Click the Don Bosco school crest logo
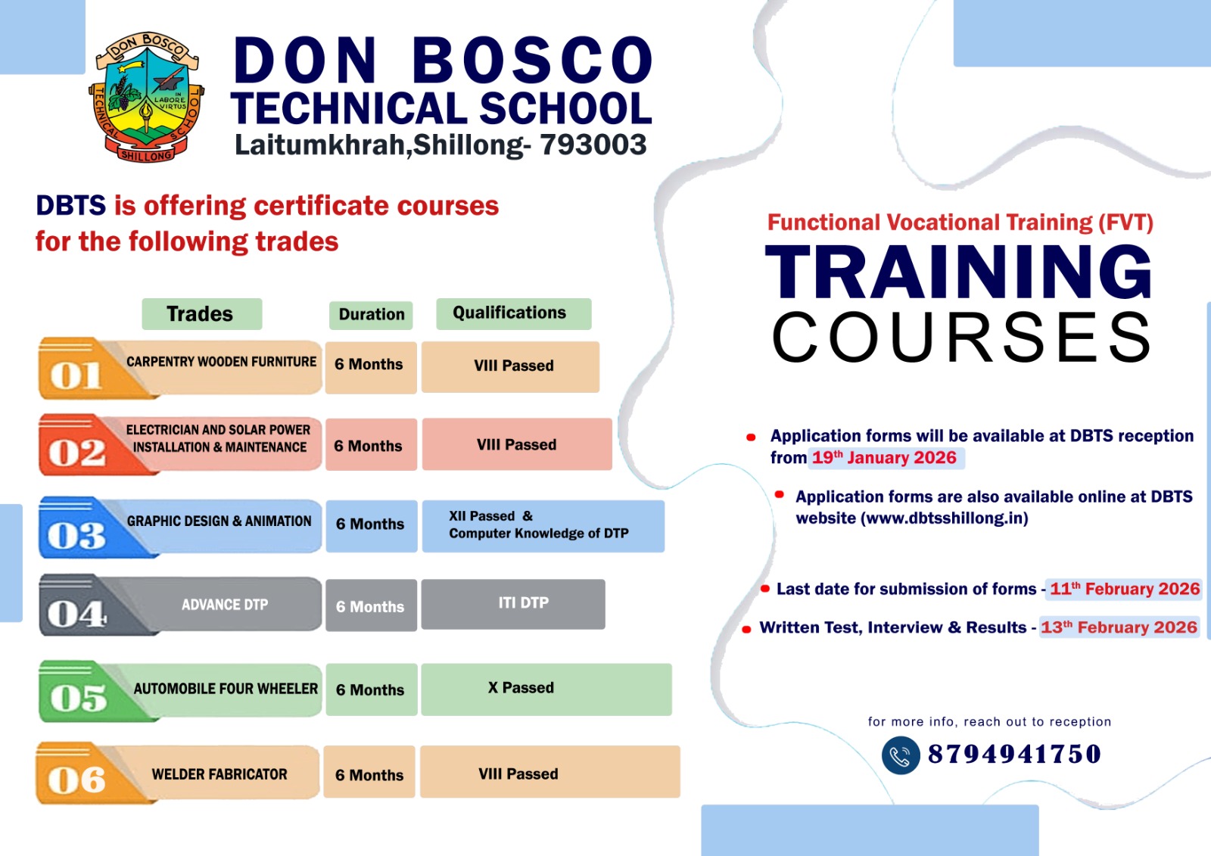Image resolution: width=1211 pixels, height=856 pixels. pos(146,96)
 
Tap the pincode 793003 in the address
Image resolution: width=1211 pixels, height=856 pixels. pos(593,145)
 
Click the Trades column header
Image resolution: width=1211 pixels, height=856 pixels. pos(201,313)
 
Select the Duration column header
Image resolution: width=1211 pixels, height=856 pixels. pos(371,315)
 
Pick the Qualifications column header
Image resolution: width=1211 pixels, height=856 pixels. pos(514,313)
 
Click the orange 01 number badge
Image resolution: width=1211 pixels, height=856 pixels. pos(76,375)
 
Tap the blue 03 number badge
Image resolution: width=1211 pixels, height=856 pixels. pos(76,535)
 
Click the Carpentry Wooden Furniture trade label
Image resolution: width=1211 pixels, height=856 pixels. pos(221,362)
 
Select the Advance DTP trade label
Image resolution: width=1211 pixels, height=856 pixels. pos(225,605)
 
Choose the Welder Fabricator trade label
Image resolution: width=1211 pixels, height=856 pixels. pos(219,774)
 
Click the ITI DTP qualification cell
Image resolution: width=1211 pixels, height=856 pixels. pos(513,604)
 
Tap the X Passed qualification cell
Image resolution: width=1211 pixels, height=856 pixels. pos(546,689)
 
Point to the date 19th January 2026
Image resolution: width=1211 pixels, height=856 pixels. pos(885,458)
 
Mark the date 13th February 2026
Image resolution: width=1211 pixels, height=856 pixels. pos(1119,627)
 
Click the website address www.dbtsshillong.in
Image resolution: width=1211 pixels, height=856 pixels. pos(945,518)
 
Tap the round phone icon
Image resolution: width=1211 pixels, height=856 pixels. pos(901,755)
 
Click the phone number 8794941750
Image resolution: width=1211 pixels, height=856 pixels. pos(1014,755)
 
